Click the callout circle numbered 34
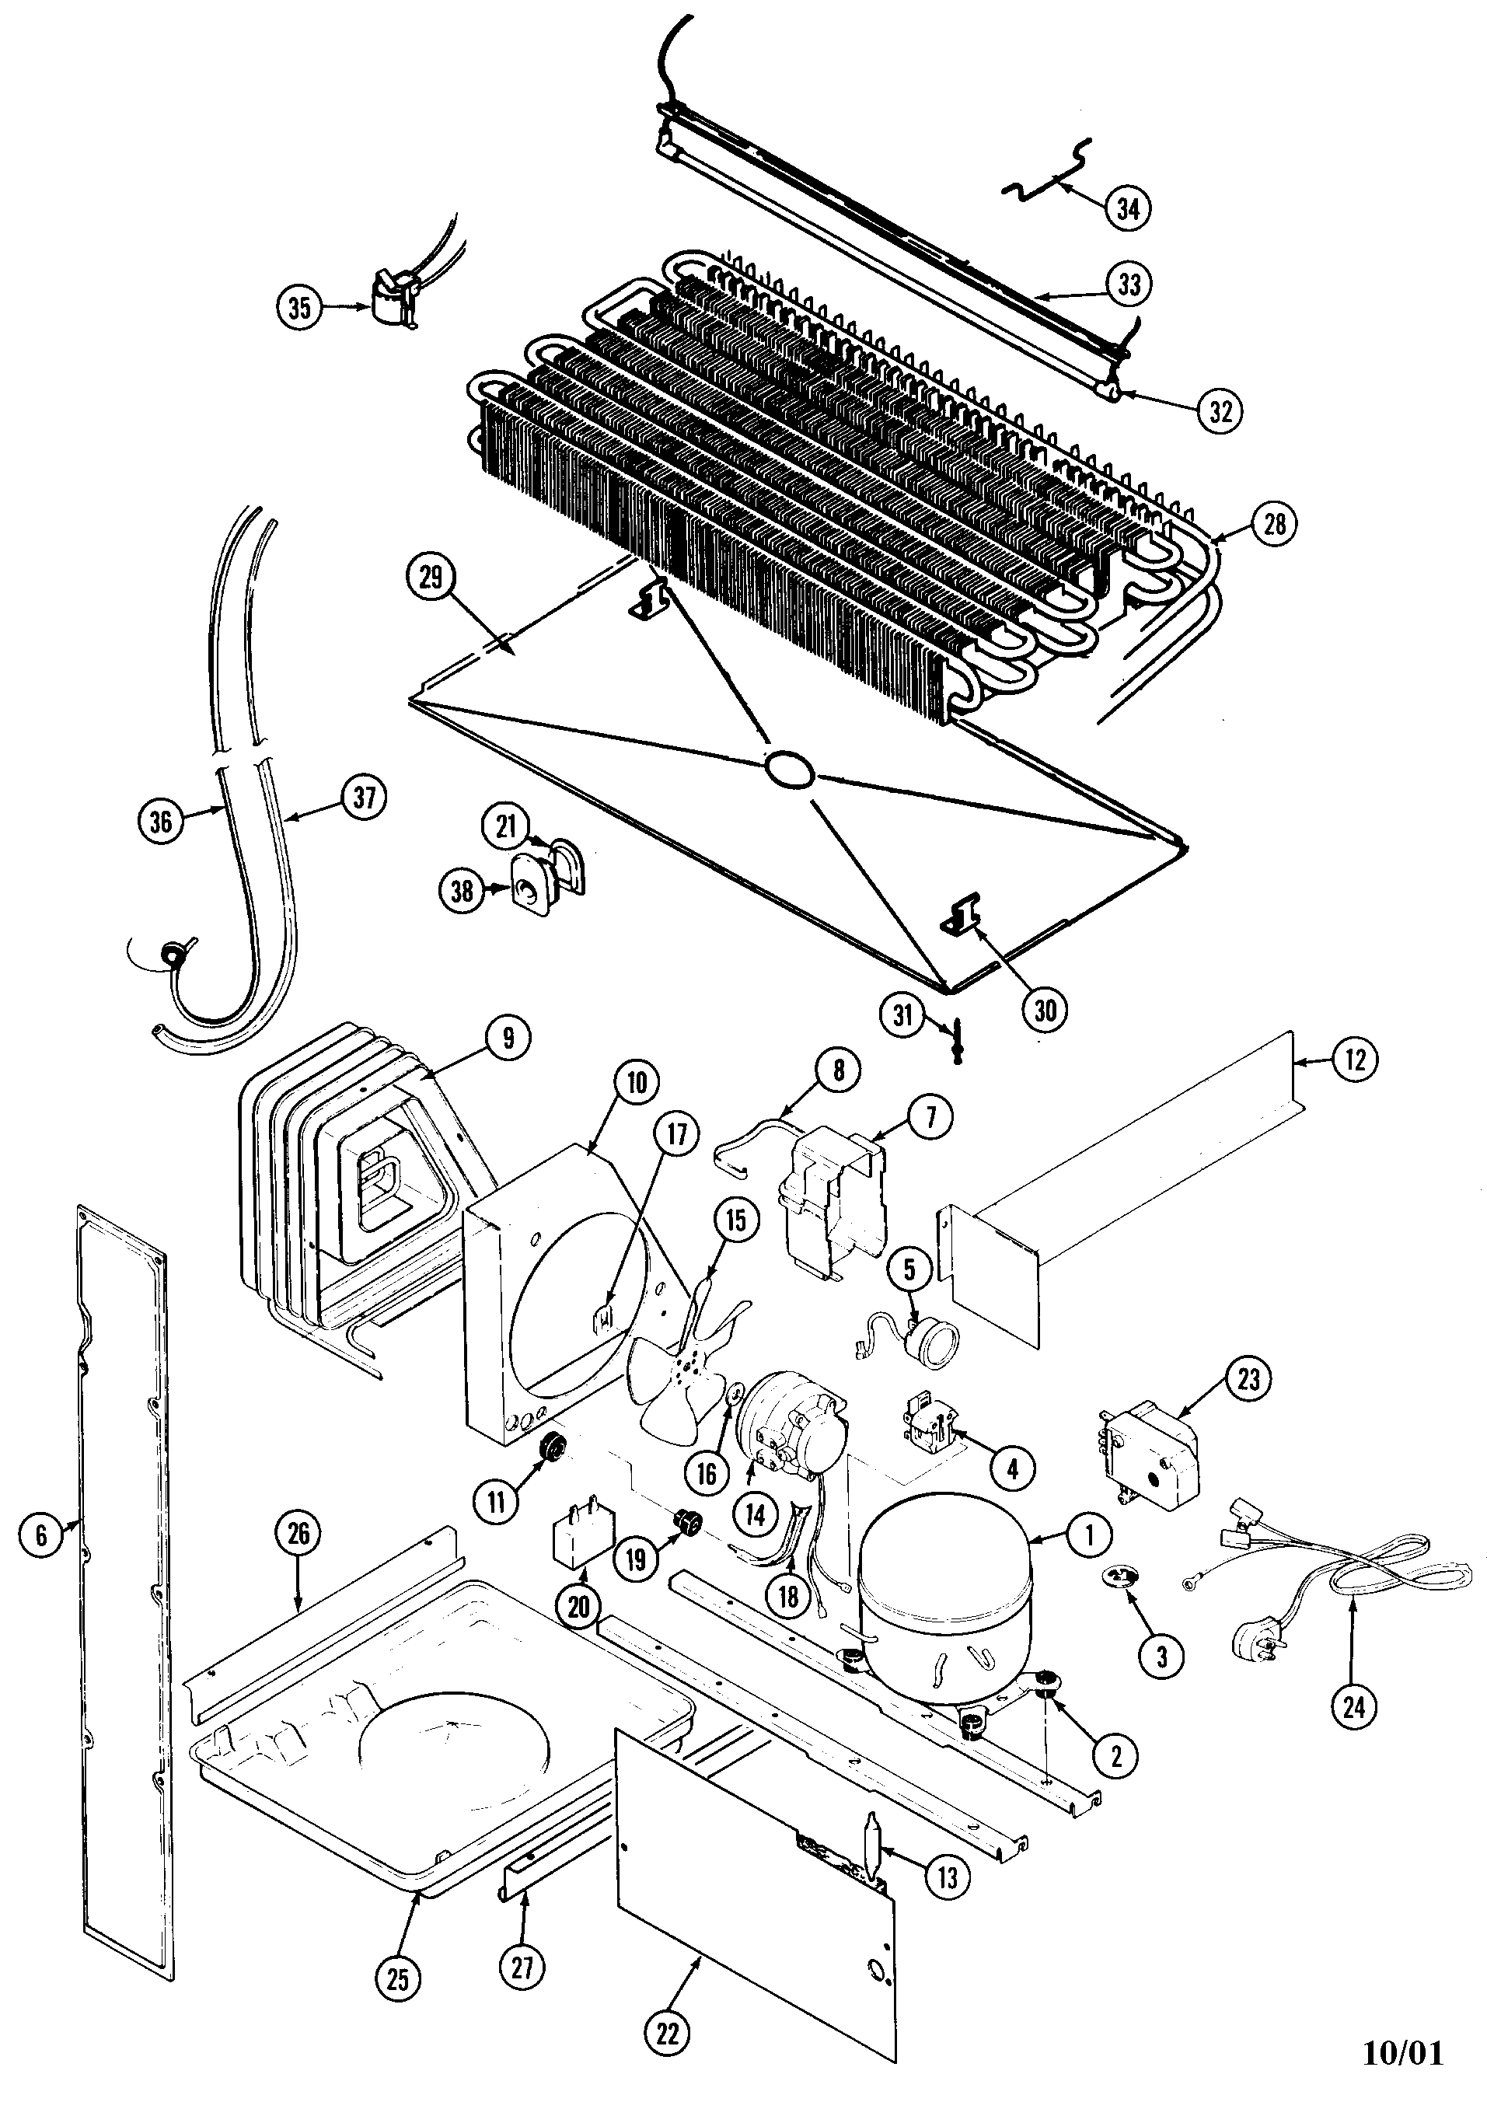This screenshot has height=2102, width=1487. (1128, 209)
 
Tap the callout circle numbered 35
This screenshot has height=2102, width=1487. (299, 308)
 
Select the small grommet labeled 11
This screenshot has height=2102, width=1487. (552, 1447)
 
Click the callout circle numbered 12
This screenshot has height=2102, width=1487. (1356, 1060)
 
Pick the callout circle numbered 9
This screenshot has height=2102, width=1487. (508, 1037)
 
